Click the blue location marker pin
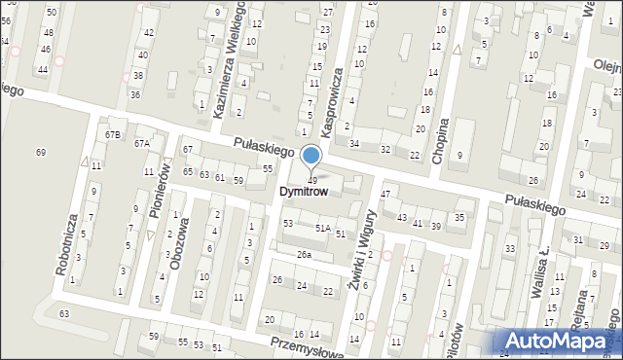(x=311, y=157)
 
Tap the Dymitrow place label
(x=311, y=193)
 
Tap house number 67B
(x=114, y=133)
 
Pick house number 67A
(x=142, y=143)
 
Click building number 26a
(x=305, y=254)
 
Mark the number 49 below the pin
(x=311, y=180)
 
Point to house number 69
(x=41, y=152)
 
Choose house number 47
(x=385, y=195)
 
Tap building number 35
(x=459, y=217)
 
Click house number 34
(x=354, y=143)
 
